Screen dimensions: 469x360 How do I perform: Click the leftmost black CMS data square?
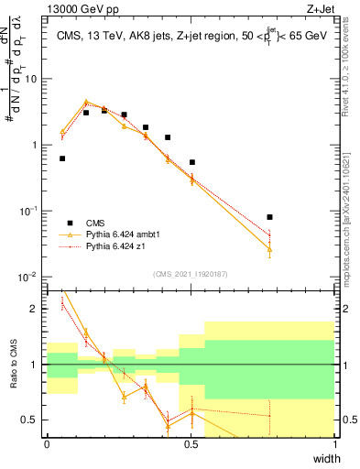(x=62, y=158)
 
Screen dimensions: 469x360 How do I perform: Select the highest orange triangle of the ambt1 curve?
(x=86, y=103)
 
